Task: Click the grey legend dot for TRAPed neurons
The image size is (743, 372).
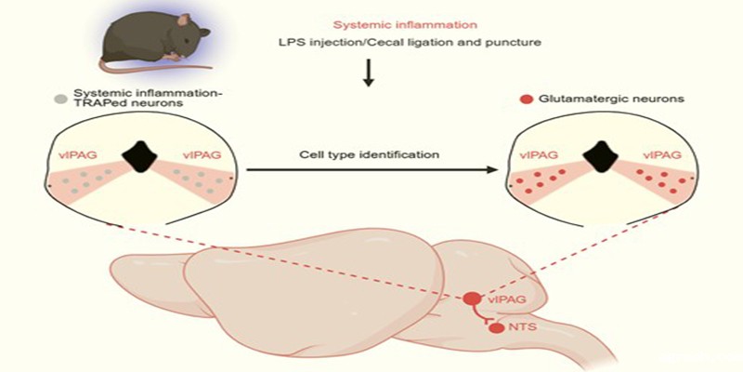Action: point(61,97)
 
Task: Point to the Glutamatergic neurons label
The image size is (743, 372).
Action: point(593,98)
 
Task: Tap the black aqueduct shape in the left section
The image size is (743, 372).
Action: point(145,154)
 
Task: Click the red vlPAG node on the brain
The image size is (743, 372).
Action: point(472,299)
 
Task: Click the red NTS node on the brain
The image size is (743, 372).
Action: point(496,328)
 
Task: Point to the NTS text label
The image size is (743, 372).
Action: point(523,328)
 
